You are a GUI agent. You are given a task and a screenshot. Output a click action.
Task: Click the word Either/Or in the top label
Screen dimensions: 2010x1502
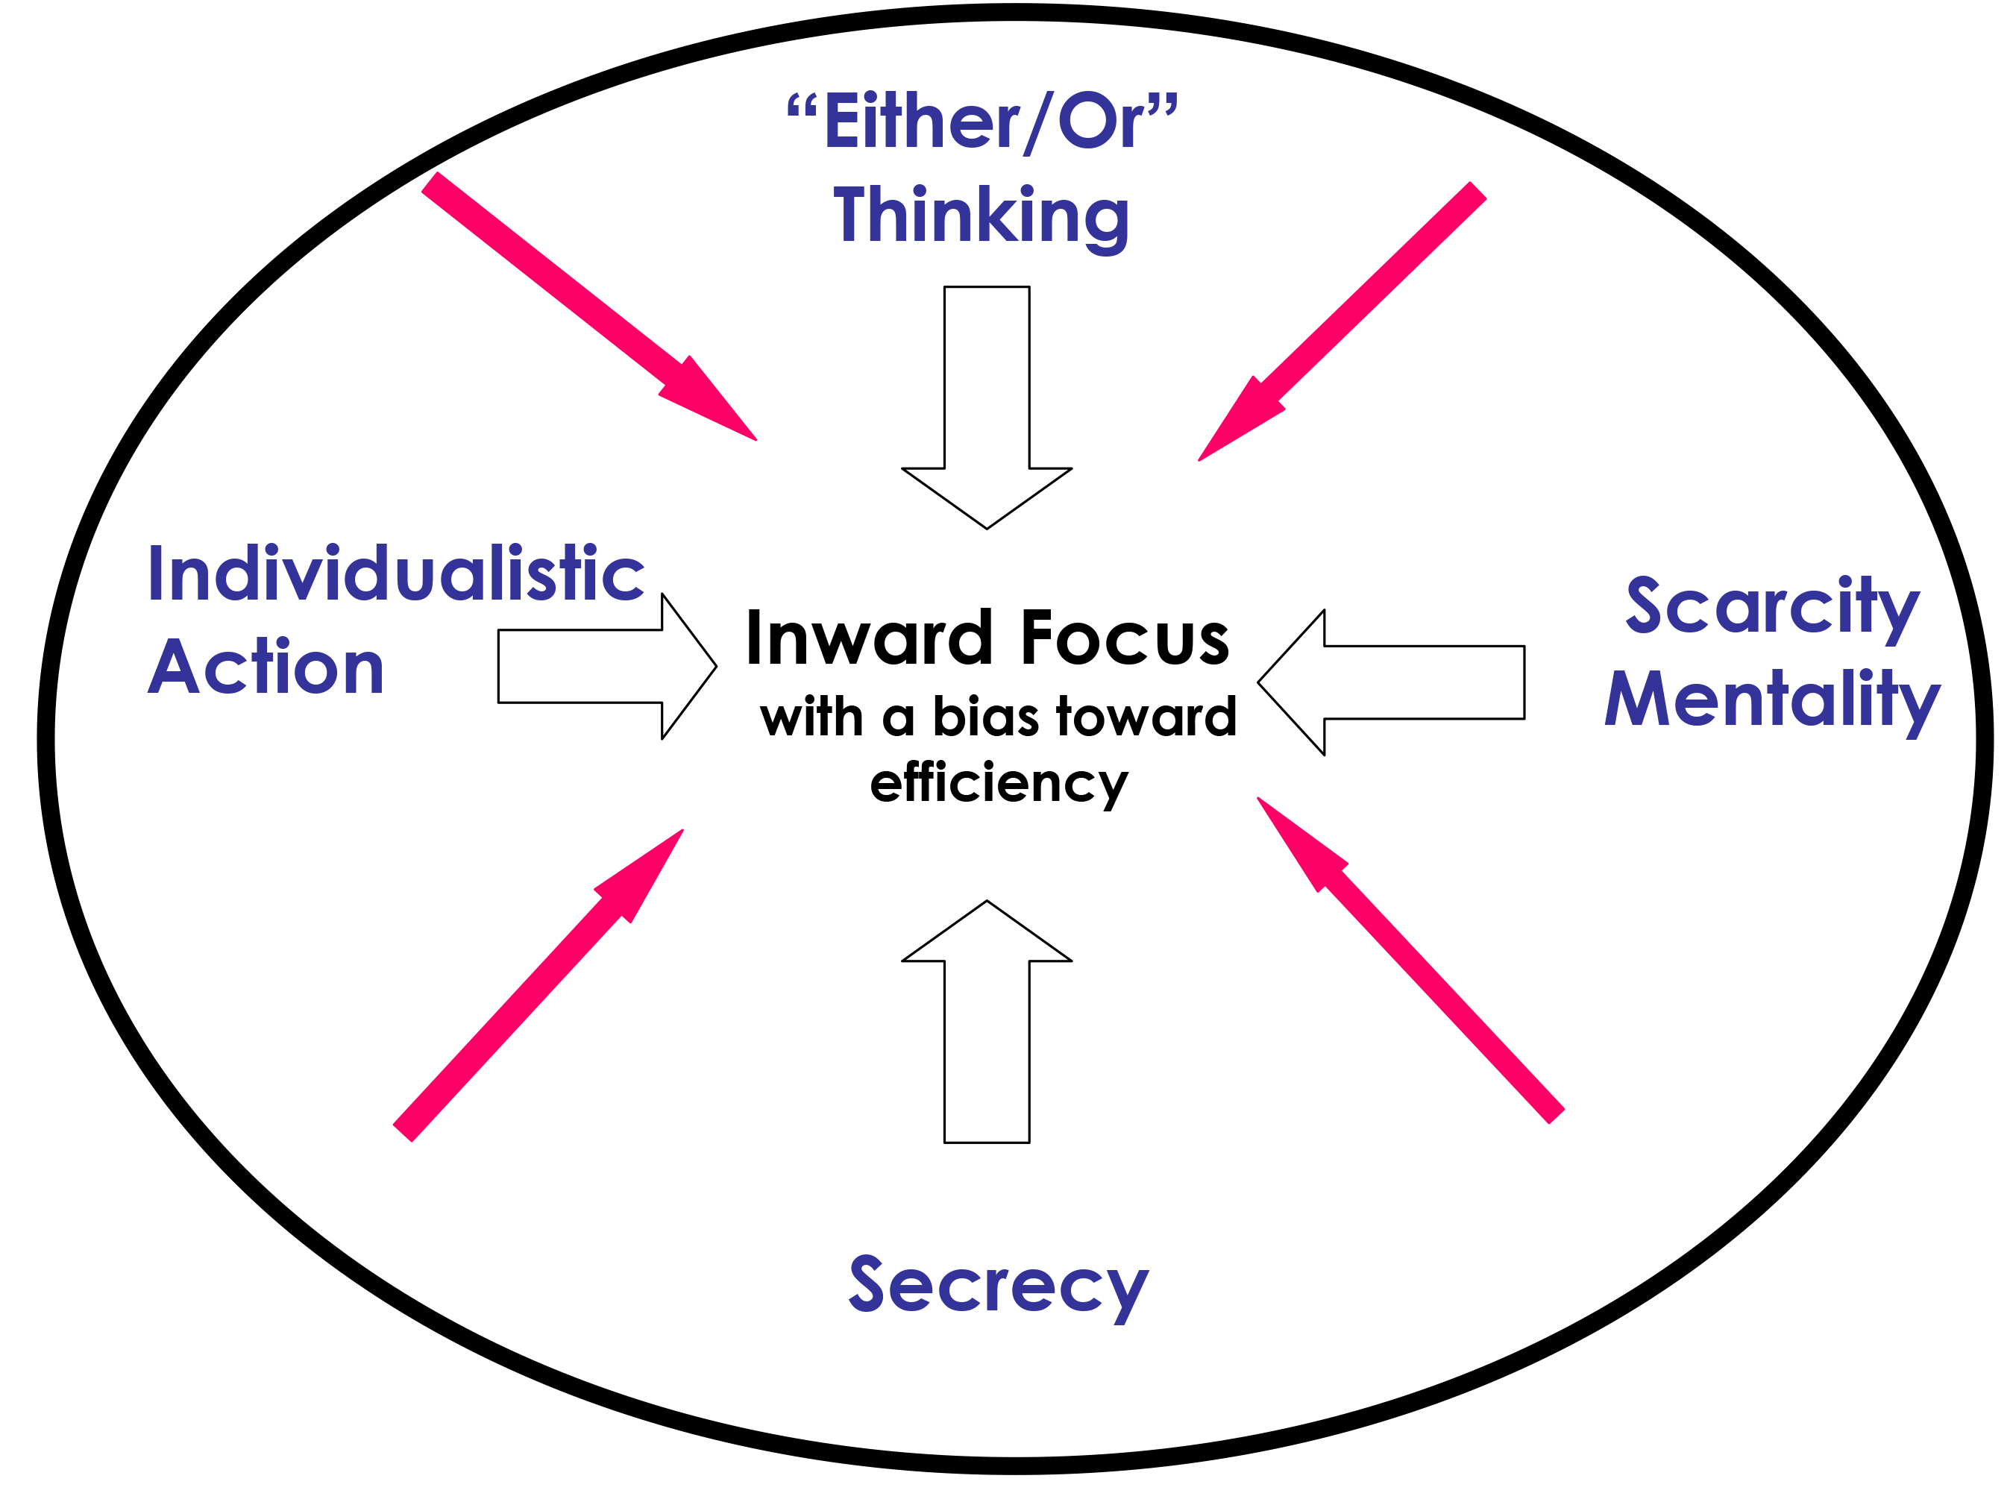click(x=982, y=122)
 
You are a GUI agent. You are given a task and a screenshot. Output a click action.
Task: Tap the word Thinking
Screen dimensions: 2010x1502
click(x=982, y=218)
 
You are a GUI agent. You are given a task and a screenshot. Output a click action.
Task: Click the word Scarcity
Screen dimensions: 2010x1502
click(x=1772, y=608)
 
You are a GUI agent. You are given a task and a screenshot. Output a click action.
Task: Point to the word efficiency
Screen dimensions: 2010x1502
click(x=999, y=784)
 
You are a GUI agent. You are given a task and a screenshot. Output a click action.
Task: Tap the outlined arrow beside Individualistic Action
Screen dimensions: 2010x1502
click(x=607, y=666)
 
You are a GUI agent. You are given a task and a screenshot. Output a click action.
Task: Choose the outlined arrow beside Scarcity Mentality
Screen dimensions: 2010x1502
click(x=1391, y=682)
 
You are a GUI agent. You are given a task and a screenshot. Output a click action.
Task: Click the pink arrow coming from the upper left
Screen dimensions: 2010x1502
click(x=588, y=307)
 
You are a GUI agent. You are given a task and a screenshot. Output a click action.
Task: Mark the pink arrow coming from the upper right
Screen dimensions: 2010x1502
click(x=1342, y=321)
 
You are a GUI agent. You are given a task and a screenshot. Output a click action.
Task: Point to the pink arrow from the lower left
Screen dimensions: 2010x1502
click(x=538, y=986)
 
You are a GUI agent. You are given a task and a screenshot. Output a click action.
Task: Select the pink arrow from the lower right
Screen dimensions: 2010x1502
click(x=1411, y=961)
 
